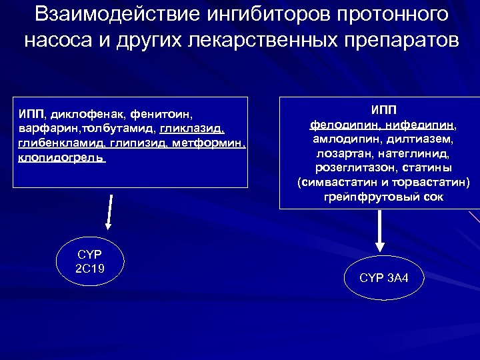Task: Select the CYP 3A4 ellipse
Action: (x=383, y=277)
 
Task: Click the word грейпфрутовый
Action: (x=370, y=197)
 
